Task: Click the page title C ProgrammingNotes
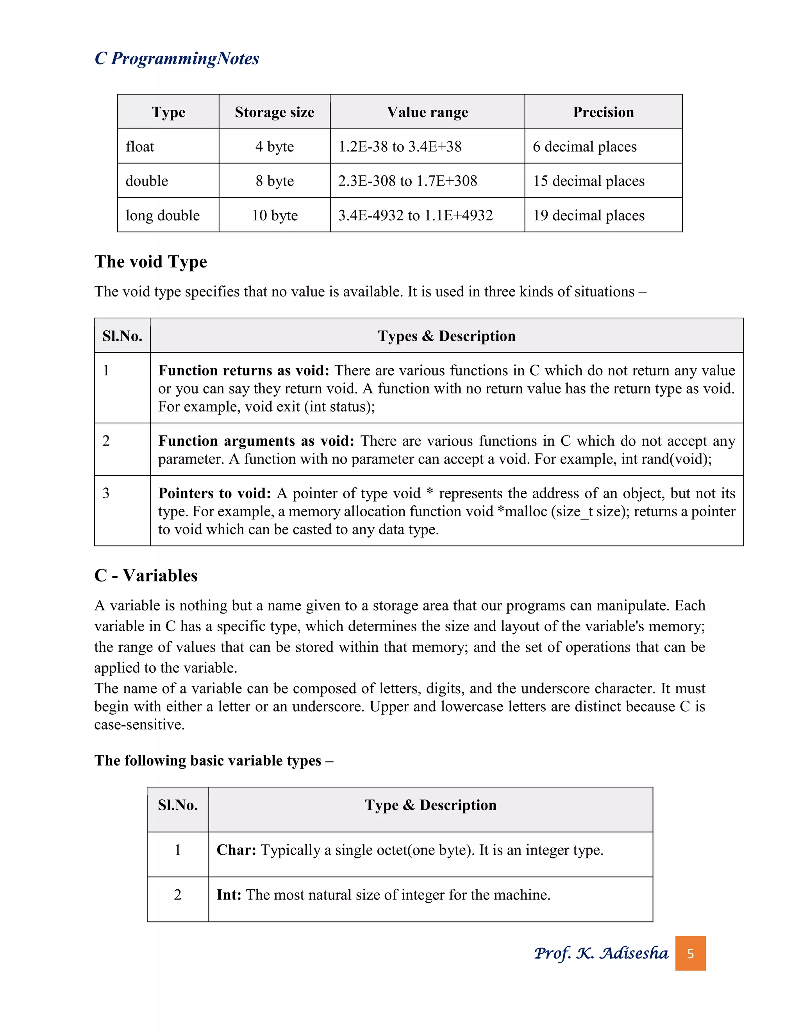(177, 59)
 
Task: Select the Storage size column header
(274, 112)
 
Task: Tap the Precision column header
(603, 112)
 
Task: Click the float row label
(140, 146)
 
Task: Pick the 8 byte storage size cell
(274, 181)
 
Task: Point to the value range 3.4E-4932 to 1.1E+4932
(415, 216)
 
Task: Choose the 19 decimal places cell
(589, 216)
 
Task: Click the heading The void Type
(151, 262)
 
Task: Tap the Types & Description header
(446, 336)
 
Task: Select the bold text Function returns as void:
(244, 371)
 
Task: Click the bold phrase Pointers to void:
(214, 493)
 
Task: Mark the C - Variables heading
(146, 575)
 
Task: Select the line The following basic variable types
(213, 760)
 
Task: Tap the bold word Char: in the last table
(236, 850)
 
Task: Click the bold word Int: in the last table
(229, 895)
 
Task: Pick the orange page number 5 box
(690, 953)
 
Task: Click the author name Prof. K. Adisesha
(600, 953)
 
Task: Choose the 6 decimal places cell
(584, 147)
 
